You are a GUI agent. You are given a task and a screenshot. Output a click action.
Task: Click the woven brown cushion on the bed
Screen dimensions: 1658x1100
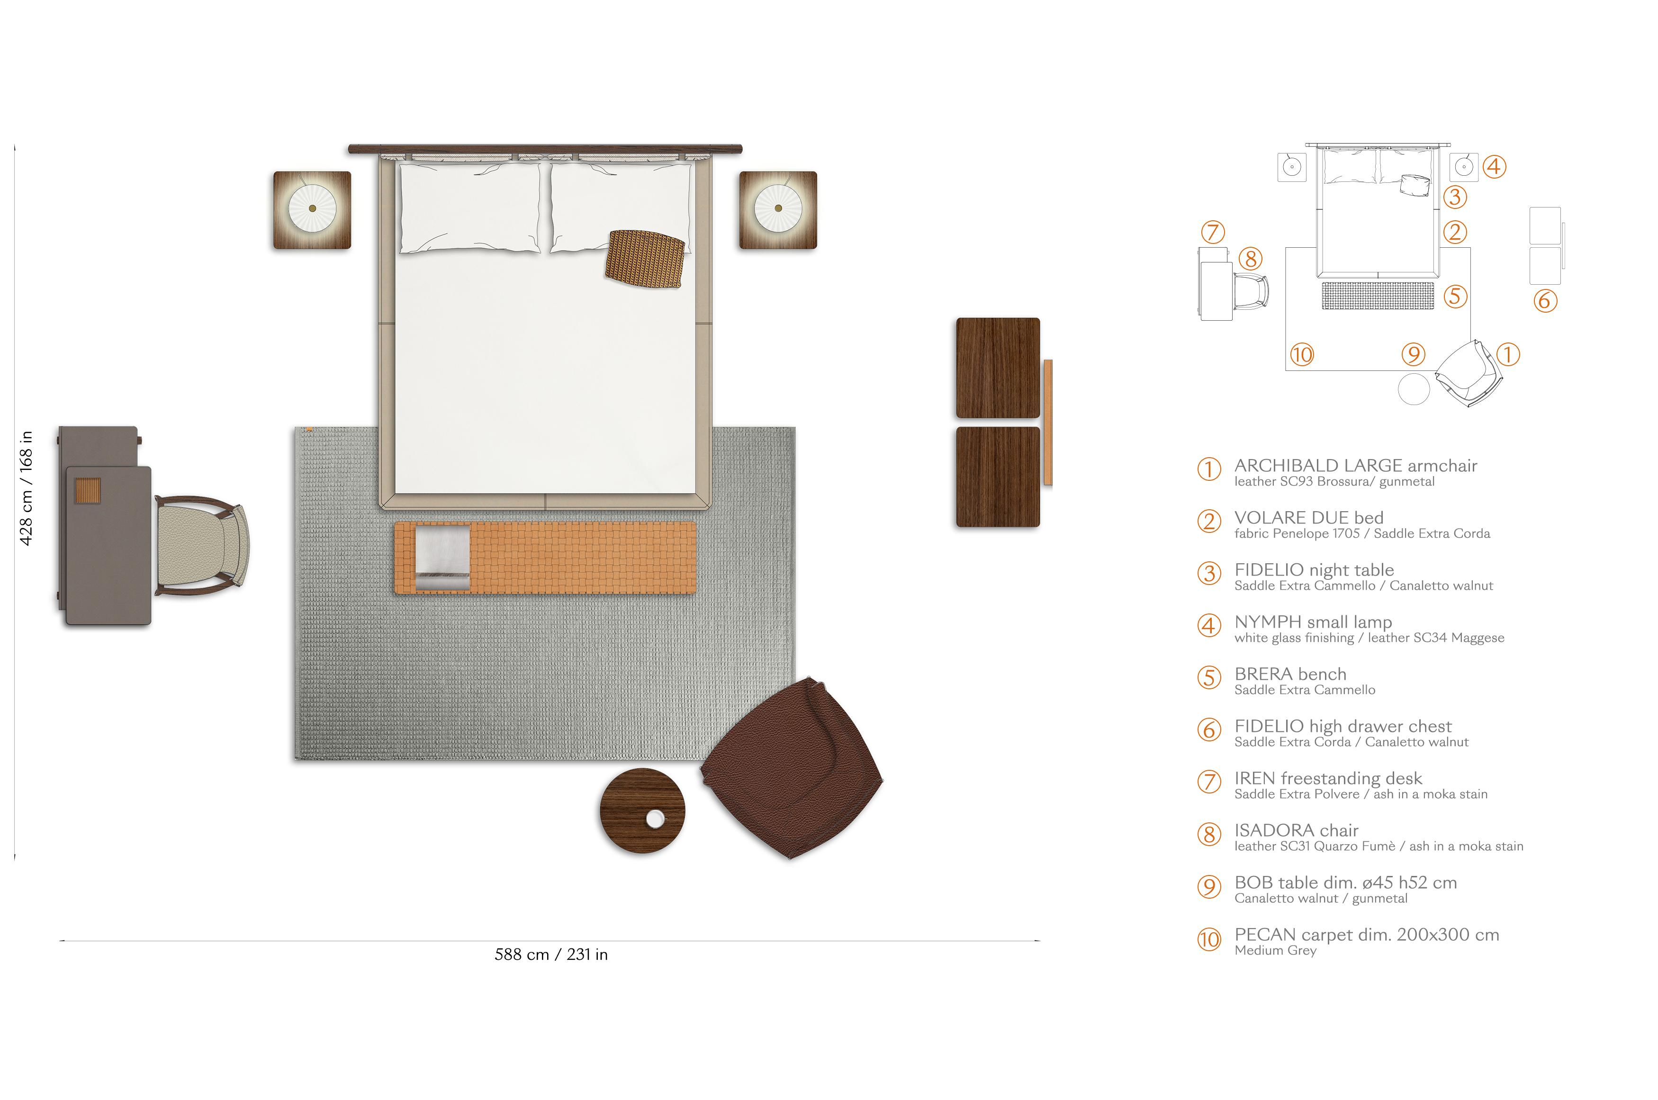[645, 258]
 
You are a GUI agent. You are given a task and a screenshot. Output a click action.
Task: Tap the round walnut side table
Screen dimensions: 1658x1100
[642, 811]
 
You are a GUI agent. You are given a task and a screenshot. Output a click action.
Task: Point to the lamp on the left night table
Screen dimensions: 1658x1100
[312, 208]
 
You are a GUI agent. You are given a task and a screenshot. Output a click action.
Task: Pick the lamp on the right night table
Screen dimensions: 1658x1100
[778, 208]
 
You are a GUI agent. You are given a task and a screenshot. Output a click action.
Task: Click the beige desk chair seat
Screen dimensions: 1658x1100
[200, 545]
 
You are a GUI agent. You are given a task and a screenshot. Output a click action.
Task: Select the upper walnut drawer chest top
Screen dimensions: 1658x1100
[997, 368]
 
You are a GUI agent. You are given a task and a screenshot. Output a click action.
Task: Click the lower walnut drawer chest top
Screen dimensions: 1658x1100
[997, 477]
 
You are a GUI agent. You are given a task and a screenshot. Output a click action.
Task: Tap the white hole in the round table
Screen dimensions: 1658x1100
[655, 818]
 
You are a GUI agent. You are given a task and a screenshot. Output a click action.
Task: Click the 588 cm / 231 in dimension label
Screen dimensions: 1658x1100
[551, 954]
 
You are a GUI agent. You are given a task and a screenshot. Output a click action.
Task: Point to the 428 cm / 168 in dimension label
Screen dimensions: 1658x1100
[25, 488]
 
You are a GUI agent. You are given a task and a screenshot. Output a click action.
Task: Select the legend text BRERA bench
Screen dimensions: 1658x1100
[1290, 674]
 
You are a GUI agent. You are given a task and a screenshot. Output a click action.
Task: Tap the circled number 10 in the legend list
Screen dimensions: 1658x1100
[1208, 939]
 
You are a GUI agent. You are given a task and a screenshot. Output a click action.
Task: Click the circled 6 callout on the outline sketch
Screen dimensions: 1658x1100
[1544, 300]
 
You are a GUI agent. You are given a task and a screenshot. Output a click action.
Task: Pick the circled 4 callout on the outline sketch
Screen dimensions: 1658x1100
[1494, 167]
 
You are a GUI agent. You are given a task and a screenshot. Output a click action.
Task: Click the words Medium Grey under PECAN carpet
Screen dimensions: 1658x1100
[1275, 951]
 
